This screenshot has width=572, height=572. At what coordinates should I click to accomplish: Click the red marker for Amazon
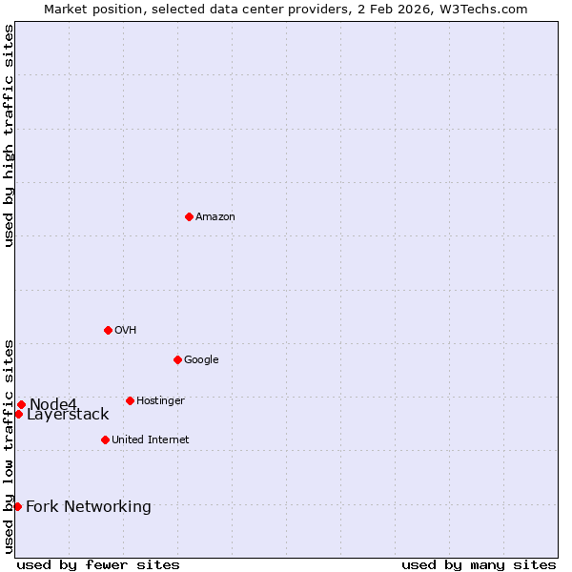pos(189,216)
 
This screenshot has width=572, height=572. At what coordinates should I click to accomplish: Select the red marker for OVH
pos(108,330)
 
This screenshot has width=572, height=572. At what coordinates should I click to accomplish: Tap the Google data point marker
pos(177,359)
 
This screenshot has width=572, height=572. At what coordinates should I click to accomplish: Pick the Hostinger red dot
pos(130,400)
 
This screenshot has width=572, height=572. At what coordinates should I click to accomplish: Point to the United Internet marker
pos(105,439)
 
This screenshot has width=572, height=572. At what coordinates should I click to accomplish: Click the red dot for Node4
pos(21,404)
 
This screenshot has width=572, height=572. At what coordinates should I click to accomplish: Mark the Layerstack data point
pos(18,414)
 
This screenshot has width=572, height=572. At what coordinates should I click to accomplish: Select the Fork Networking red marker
pos(17,506)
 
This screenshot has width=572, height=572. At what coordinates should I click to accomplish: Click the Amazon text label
pos(215,216)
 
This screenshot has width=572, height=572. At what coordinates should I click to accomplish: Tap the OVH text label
pos(126,330)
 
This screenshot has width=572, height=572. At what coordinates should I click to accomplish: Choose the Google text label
pos(201,359)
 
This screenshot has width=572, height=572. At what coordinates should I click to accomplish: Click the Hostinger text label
pos(160,400)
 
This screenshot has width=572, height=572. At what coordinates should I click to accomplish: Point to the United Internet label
pos(151,439)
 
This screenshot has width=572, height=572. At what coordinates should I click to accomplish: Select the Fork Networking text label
pos(89,506)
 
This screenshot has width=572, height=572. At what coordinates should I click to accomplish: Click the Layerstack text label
pos(68,415)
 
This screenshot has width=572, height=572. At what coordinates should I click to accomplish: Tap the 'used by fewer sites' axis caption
pos(98,564)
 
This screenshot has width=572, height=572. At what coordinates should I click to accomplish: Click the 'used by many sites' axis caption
pos(479,564)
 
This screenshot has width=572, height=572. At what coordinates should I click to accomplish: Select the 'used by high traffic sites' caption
pos(9,135)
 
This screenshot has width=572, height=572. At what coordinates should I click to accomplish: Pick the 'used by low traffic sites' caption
pos(9,446)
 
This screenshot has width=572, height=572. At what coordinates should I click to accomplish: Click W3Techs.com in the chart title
pos(489,9)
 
